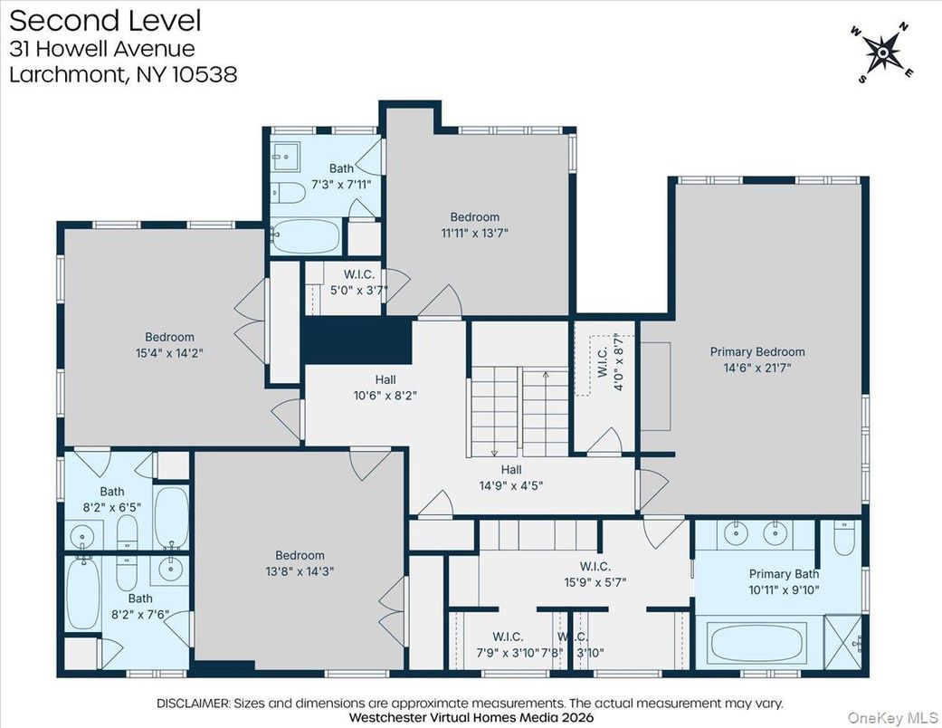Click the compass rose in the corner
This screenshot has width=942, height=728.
882,55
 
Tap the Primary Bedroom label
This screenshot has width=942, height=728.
756,352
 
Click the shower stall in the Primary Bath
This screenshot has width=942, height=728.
843,640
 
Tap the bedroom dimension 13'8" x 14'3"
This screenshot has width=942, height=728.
300,571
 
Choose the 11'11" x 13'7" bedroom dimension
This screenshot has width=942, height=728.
474,233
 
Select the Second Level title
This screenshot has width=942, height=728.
105,20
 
